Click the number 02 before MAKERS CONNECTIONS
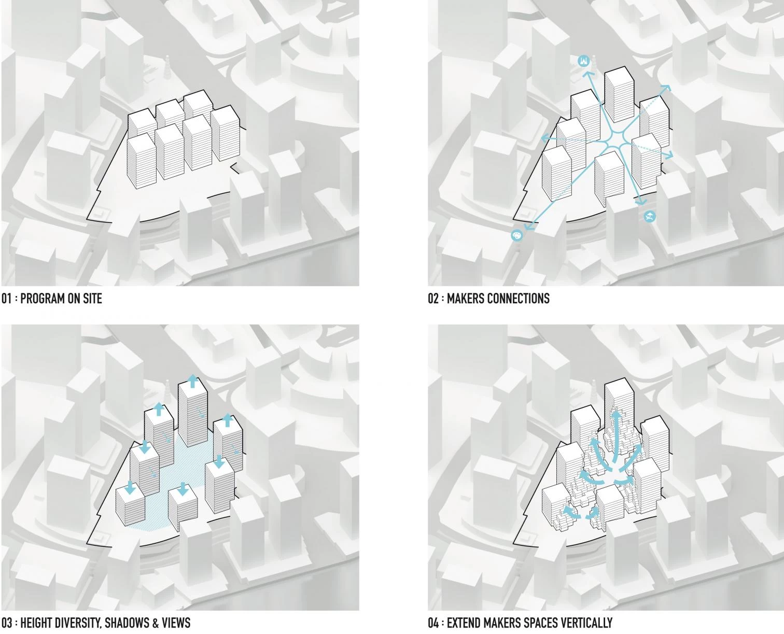click(x=433, y=299)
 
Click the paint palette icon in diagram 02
click(x=516, y=236)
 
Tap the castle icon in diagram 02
click(x=584, y=60)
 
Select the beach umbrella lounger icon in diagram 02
click(x=650, y=217)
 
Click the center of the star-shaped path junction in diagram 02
click(x=613, y=140)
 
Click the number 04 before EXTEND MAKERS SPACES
click(x=433, y=623)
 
